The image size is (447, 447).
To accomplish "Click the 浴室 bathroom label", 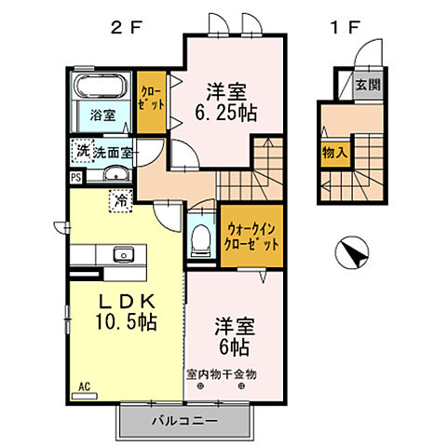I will [103, 115].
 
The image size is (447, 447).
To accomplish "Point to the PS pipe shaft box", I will [74, 174].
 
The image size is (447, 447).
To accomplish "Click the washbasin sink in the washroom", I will [115, 173].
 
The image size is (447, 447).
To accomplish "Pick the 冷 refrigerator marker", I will [120, 199].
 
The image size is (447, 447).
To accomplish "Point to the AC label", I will [83, 384].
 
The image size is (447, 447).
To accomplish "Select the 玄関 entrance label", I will [366, 86].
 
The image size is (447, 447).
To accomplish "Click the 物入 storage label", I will [334, 151].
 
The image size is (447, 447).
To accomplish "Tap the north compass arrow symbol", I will [351, 253].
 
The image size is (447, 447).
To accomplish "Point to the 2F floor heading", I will [127, 27].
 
